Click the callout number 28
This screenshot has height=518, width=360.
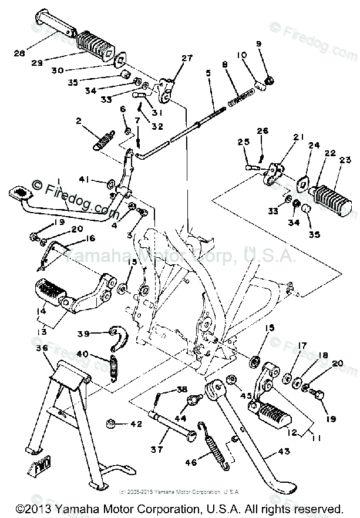pos(20,52)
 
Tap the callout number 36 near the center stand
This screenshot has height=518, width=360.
pos(41,348)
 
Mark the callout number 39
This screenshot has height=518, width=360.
pos(83,333)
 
